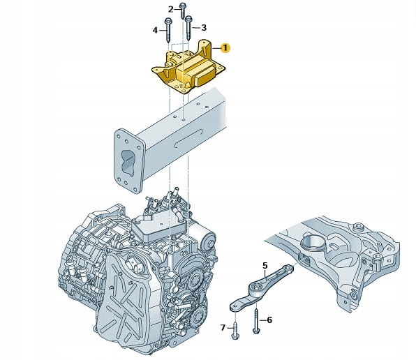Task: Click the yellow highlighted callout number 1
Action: click(225, 48)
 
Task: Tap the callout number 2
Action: click(171, 10)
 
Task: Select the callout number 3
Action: click(204, 28)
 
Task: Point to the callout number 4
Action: click(155, 30)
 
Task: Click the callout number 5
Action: click(265, 265)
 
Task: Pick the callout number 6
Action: click(269, 320)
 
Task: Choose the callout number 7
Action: click(223, 328)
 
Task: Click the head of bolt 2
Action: click(183, 6)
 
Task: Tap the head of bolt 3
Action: click(188, 19)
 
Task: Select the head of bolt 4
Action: click(168, 21)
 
